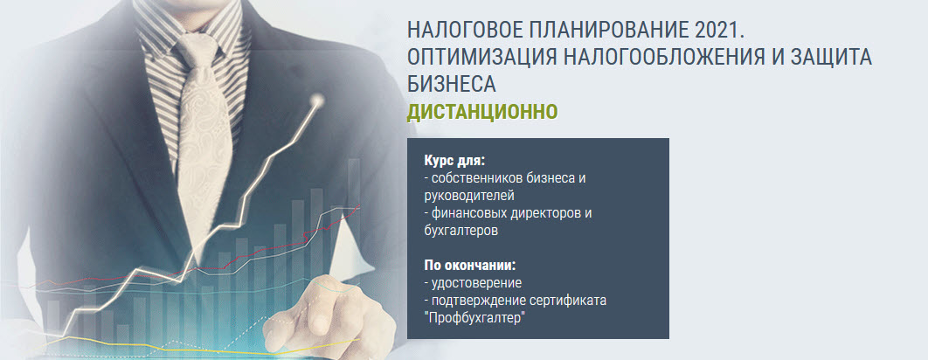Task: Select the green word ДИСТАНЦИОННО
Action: coord(482,112)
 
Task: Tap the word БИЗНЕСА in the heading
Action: coord(451,85)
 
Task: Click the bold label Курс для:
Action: coord(454,161)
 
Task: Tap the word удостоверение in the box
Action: coord(476,283)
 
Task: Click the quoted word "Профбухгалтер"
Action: coord(474,318)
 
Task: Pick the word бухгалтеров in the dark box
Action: coord(461,231)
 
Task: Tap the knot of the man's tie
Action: coord(198,47)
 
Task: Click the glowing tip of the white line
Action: coord(318,100)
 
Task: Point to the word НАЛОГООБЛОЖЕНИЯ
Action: coord(660,58)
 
